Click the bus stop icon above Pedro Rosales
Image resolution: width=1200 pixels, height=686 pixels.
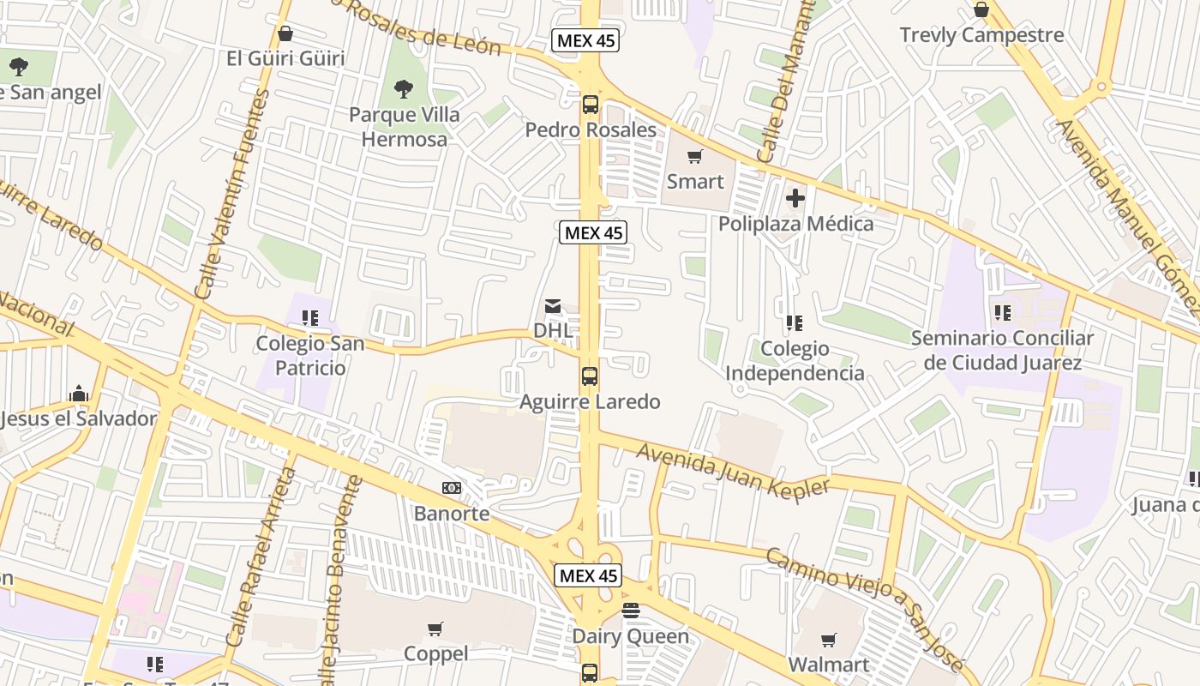[590, 105]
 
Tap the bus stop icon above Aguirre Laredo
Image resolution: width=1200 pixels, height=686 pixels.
[590, 376]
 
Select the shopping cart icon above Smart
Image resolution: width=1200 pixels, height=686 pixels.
[695, 157]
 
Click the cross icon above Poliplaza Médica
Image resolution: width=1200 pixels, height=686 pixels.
[795, 199]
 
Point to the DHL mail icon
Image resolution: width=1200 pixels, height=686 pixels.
[553, 306]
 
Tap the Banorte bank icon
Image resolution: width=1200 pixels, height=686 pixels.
[452, 488]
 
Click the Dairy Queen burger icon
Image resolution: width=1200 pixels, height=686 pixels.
[631, 611]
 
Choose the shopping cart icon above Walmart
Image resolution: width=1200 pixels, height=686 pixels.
[828, 640]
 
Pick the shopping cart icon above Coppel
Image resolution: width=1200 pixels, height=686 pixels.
[435, 629]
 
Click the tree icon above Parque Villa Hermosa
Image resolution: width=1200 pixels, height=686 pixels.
[403, 88]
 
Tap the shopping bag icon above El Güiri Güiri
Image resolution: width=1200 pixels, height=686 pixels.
[285, 33]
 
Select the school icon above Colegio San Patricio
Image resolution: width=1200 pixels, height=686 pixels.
[310, 318]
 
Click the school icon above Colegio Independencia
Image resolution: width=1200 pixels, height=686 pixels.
[795, 323]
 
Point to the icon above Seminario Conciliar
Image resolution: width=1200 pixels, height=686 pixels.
[1002, 313]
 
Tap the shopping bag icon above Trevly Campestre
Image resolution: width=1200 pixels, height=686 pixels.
[981, 10]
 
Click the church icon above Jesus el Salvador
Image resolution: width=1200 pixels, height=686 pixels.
[79, 394]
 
